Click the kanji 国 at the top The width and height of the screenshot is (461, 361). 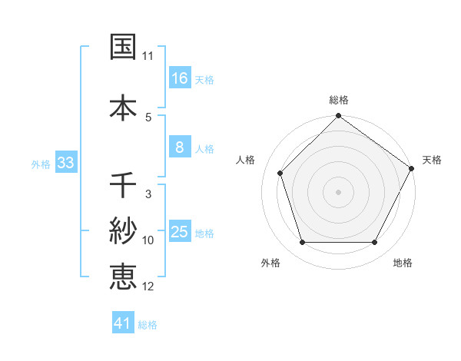pos(123,48)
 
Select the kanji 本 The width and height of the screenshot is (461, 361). pos(123,107)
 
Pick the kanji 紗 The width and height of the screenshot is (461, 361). pos(123,230)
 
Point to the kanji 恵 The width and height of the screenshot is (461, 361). pos(123,276)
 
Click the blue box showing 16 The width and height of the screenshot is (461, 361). pos(180,78)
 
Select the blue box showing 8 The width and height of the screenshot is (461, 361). pos(180,148)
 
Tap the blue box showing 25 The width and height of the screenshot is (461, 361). pos(180,233)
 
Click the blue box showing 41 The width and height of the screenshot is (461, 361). pos(123,323)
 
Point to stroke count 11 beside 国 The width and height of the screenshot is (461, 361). pos(148,57)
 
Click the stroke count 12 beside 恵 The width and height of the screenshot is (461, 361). pos(148,286)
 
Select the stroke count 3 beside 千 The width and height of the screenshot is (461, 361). pos(148,194)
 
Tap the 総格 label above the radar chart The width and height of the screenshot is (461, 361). pos(339,100)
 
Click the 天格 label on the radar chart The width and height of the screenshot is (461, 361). pos(432,160)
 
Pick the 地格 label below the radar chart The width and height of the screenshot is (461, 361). pos(403,263)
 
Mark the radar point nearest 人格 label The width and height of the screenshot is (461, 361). pos(280,173)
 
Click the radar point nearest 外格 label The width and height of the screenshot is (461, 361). pos(303,243)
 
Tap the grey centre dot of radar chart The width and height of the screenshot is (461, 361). pos(338,191)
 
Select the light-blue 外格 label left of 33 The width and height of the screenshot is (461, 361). pos(41,164)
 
